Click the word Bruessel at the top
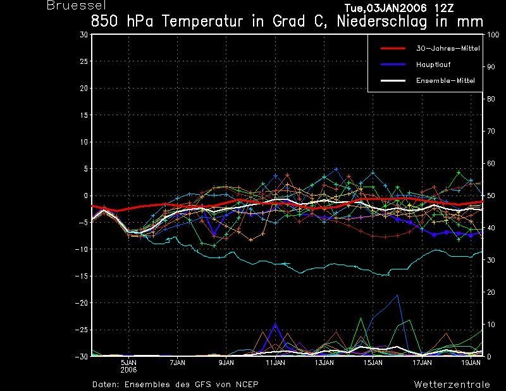click(x=76, y=5)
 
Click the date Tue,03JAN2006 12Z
click(x=399, y=8)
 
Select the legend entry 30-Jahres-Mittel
click(x=448, y=49)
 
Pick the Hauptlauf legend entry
click(x=433, y=65)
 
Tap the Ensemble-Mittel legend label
click(x=445, y=80)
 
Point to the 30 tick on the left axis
click(x=83, y=35)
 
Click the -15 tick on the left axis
click(x=82, y=276)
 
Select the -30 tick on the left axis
click(x=82, y=356)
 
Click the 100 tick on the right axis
click(x=493, y=35)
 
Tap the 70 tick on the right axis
click(x=491, y=132)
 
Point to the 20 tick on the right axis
click(x=491, y=292)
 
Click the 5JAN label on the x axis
click(x=129, y=363)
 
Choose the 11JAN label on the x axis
click(x=275, y=363)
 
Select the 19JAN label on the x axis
click(x=471, y=363)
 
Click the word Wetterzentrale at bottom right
click(x=452, y=385)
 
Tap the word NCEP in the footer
click(x=247, y=385)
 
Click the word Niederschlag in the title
click(x=382, y=22)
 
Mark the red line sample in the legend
click(x=393, y=49)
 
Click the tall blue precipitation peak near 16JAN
click(x=398, y=295)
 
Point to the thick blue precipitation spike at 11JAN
click(x=275, y=324)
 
